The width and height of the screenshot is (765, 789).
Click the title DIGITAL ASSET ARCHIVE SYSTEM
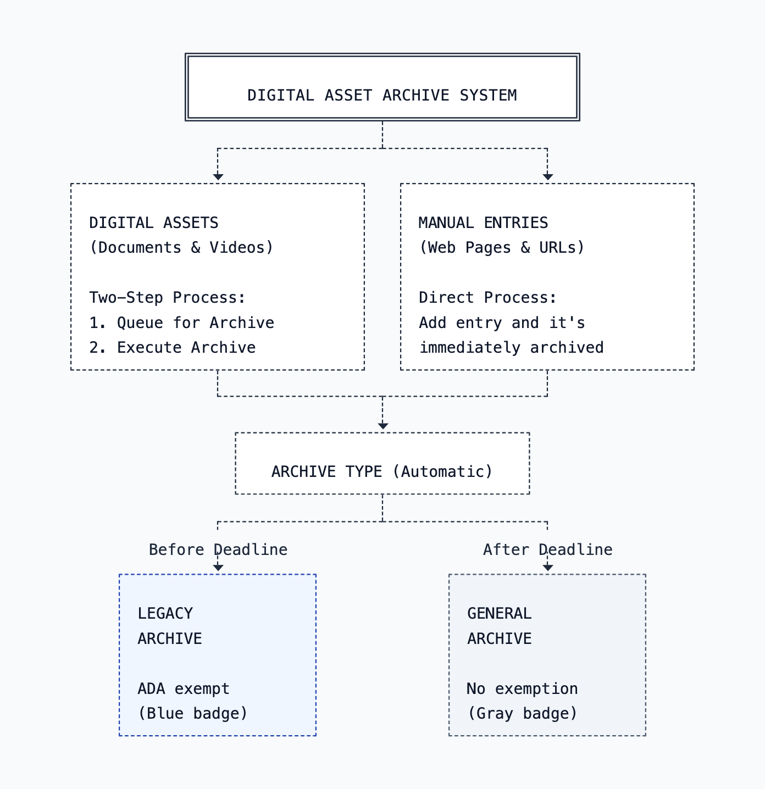(x=382, y=95)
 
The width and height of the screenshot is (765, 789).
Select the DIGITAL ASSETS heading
(x=154, y=223)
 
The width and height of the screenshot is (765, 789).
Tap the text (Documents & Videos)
(x=181, y=247)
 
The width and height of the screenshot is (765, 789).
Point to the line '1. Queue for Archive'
(x=181, y=323)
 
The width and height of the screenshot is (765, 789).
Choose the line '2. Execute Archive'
(x=173, y=347)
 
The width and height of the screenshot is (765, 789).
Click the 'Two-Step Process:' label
(x=168, y=297)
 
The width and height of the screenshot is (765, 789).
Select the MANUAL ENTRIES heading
(x=483, y=223)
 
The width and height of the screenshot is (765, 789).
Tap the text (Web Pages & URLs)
(x=502, y=247)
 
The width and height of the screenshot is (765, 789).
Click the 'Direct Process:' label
(x=487, y=297)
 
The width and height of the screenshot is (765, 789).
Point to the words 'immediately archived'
(x=512, y=347)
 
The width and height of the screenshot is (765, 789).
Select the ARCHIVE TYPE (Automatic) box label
(x=382, y=471)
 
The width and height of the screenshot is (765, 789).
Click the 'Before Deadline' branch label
(x=218, y=549)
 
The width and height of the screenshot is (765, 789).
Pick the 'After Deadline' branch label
(x=547, y=549)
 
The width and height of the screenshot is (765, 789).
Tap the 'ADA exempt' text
(x=184, y=688)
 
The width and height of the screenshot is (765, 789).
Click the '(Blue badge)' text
(x=193, y=713)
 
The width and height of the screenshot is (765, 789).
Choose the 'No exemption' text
(x=522, y=688)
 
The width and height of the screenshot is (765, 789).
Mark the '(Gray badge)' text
(x=522, y=713)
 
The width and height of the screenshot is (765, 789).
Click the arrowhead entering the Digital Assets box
(x=218, y=176)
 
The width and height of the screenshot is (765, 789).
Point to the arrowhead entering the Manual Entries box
(x=547, y=176)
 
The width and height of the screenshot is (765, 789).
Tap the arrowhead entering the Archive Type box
(x=383, y=426)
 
